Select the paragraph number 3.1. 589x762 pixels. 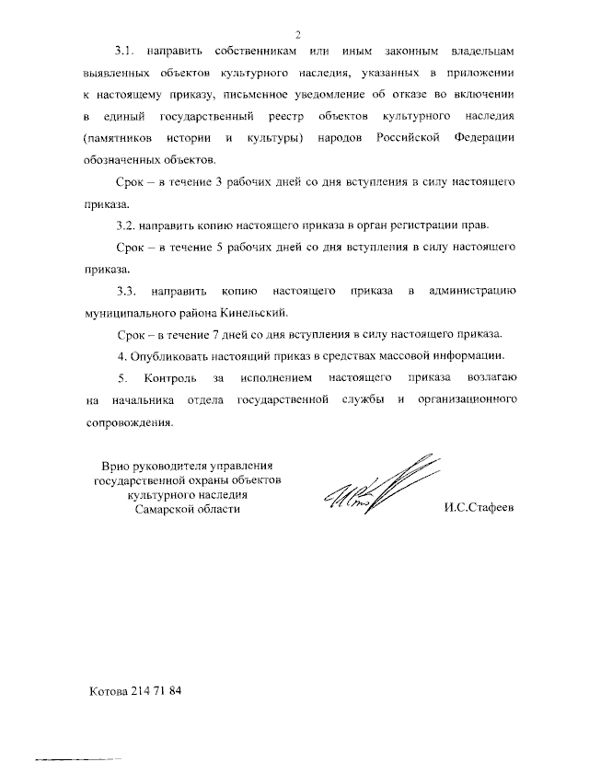(x=127, y=53)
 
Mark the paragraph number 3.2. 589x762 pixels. (x=127, y=225)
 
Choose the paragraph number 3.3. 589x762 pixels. (x=127, y=291)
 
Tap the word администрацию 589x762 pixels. (x=477, y=291)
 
